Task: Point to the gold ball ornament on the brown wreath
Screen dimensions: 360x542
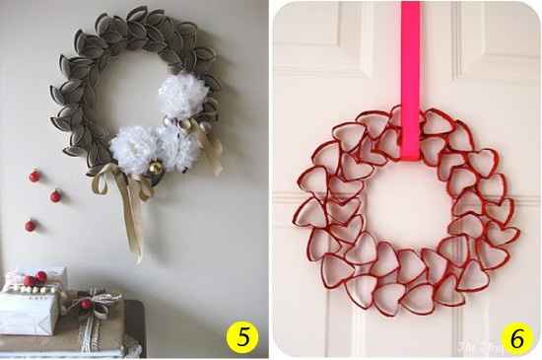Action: [157, 172]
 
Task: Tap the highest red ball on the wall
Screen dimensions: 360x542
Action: [34, 176]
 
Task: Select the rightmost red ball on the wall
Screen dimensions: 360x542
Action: [56, 196]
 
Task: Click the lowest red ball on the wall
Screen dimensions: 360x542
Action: [31, 226]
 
